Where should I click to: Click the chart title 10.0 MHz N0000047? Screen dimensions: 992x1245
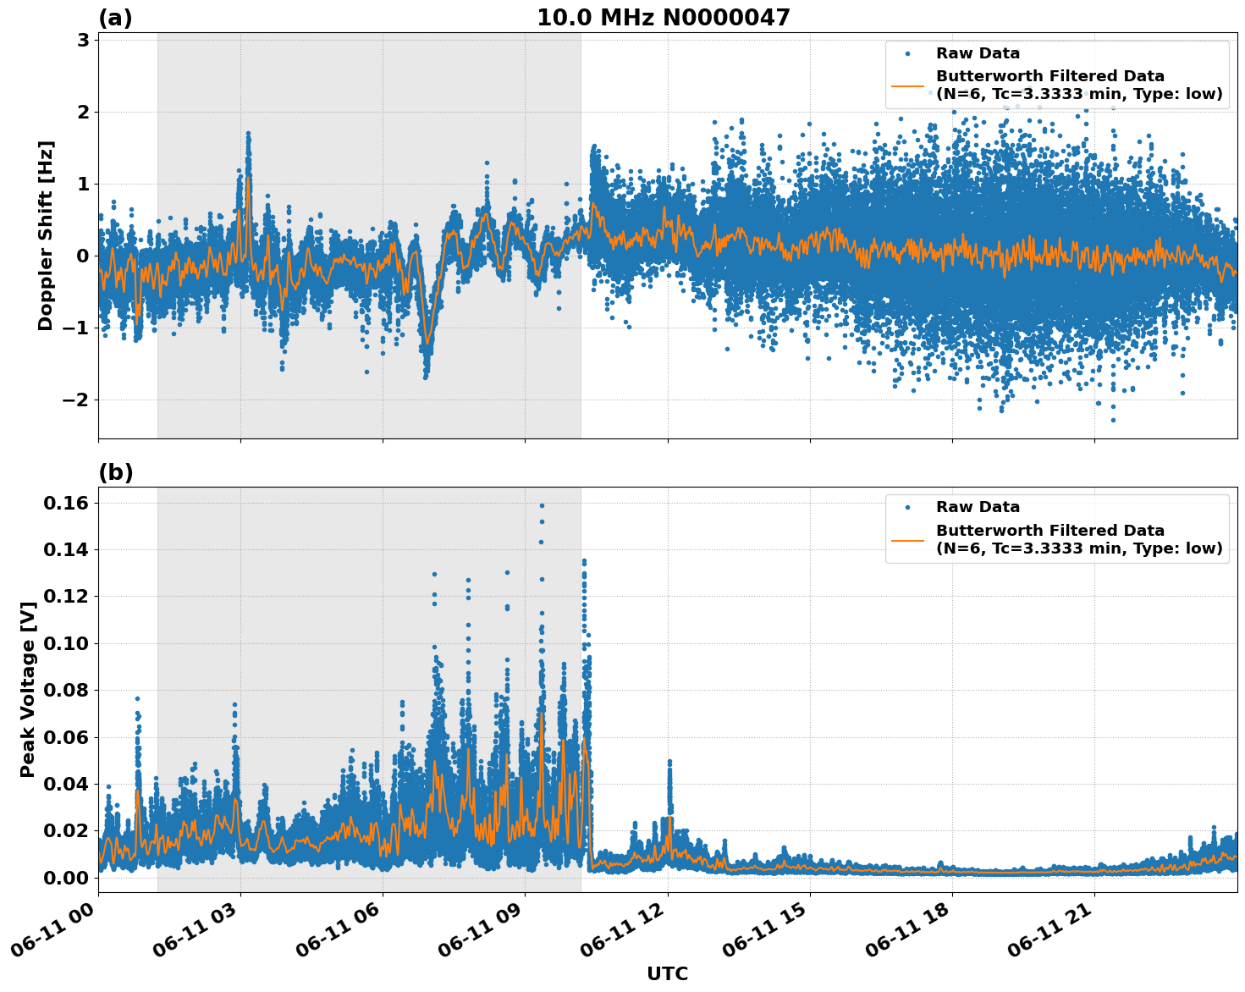[x=664, y=18]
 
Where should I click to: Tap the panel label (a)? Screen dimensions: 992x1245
[x=115, y=18]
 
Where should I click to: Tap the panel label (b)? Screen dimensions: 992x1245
[x=115, y=472]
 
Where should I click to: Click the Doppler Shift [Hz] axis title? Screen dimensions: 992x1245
[x=46, y=235]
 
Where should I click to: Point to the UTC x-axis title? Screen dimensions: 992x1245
[x=667, y=973]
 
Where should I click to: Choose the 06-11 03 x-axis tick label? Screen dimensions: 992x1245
[x=197, y=935]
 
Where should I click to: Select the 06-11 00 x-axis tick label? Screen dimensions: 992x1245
[x=55, y=935]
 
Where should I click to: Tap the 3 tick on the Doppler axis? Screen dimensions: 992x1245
[x=84, y=41]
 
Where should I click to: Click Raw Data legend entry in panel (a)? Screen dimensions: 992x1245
[x=978, y=53]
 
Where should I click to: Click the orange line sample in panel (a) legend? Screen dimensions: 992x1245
[x=907, y=85]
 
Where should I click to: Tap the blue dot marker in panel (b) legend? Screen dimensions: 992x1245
[x=907, y=507]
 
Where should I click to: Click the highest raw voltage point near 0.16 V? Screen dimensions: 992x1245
[x=542, y=505]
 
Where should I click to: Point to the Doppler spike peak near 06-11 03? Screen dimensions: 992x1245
[x=248, y=133]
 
